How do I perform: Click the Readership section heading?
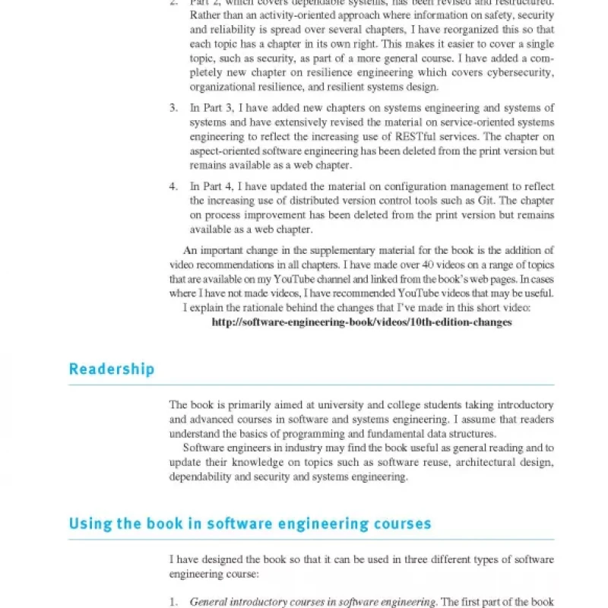point(112,369)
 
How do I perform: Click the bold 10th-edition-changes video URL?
point(362,321)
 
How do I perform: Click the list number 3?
point(173,108)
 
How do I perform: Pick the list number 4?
point(173,186)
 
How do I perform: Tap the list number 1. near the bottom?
point(173,602)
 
